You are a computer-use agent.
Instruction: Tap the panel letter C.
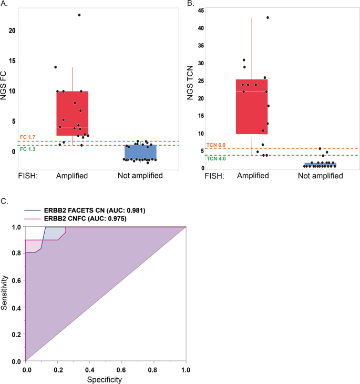point(5,201)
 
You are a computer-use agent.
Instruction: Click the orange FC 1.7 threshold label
point(28,137)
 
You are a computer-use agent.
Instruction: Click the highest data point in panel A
point(79,15)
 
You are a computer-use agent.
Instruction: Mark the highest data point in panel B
point(268,17)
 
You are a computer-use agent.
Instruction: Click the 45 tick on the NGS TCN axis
point(200,11)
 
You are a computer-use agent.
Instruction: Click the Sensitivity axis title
point(5,295)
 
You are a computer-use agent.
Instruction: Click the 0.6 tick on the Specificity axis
point(121,370)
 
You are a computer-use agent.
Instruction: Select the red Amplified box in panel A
point(72,113)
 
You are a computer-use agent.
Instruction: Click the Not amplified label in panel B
point(320,176)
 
